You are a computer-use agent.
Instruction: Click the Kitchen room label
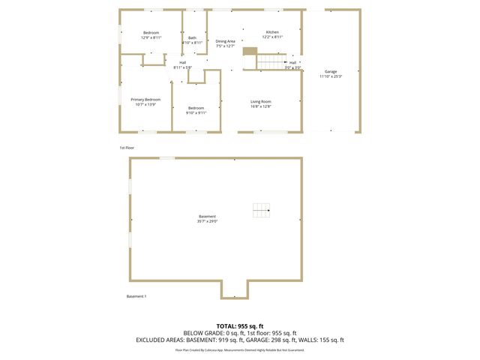[x=272, y=32]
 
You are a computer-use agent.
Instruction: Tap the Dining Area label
[x=226, y=41]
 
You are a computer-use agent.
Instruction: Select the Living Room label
[x=261, y=101]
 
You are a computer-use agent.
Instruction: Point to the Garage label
[x=331, y=71]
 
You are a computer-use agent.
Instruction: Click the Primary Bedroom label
[x=145, y=100]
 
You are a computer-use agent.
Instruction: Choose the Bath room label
[x=192, y=37]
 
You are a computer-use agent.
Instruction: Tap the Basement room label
[x=208, y=216]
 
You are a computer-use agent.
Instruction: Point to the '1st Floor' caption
[x=127, y=148]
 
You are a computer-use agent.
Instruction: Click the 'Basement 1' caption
[x=136, y=296]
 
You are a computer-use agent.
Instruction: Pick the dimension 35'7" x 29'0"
[x=208, y=221]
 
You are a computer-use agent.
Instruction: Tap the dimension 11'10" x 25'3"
[x=331, y=76]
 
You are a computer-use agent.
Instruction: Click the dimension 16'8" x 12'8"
[x=261, y=106]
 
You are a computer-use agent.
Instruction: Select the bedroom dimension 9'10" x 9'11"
[x=196, y=113]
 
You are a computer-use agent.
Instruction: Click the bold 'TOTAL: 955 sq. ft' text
[x=240, y=325]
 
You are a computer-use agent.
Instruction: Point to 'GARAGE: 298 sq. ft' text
[x=269, y=340]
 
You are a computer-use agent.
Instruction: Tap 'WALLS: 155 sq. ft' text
[x=322, y=340]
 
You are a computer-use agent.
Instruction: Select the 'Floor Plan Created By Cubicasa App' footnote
[x=205, y=349]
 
